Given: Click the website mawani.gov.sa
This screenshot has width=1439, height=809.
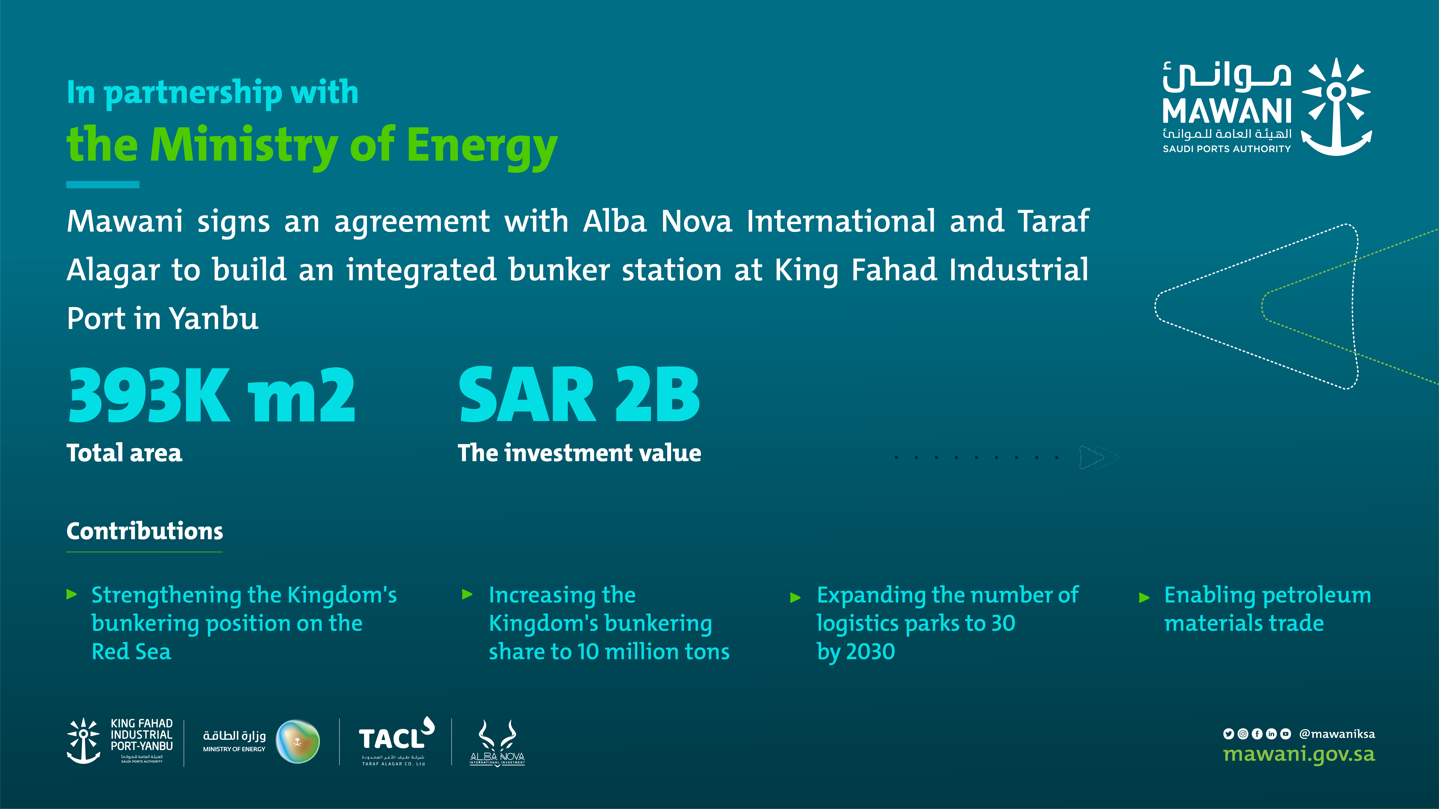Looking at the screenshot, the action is (1299, 754).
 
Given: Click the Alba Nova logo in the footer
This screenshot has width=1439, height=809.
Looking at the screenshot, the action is (497, 743).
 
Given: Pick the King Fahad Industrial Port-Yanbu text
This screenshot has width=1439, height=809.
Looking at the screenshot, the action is (142, 734).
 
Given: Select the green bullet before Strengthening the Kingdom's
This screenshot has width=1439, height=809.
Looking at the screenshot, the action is (72, 594).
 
